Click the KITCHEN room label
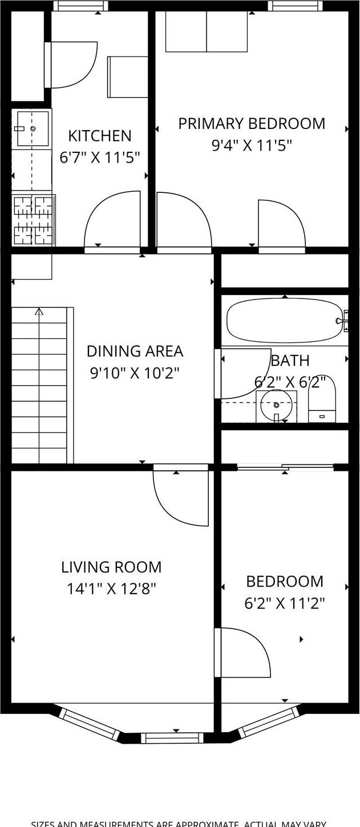(x=100, y=136)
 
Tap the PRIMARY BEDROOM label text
(x=252, y=124)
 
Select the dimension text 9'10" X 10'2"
(x=135, y=373)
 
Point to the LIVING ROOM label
(x=111, y=567)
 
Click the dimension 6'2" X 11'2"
(x=285, y=603)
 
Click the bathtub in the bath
(x=284, y=321)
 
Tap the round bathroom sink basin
(x=276, y=405)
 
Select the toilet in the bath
(x=322, y=399)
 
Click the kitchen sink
(x=32, y=128)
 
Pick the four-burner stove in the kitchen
(x=33, y=220)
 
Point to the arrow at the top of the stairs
(x=39, y=312)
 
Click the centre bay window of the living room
(x=172, y=737)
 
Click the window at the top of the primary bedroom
(x=294, y=6)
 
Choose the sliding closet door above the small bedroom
(x=285, y=467)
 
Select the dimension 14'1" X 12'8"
(x=111, y=588)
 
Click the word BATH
(x=290, y=361)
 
